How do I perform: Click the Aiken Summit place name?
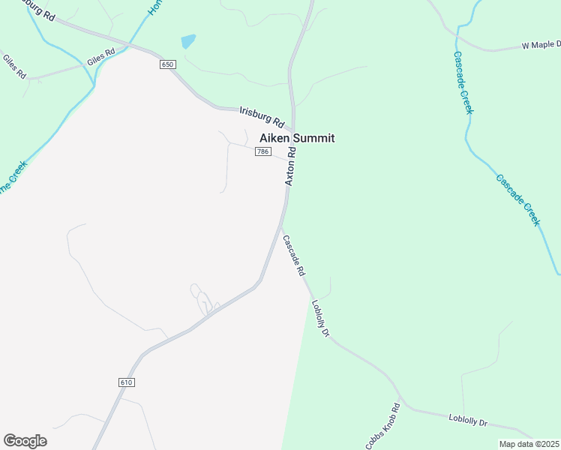coord(296,138)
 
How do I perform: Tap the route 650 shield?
coord(166,64)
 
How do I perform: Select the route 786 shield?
coord(262,151)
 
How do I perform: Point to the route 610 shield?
coord(126,382)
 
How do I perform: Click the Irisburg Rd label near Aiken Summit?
coord(262,116)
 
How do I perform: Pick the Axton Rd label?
coord(290,166)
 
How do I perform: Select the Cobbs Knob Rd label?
coord(383,427)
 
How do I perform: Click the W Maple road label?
coord(541,46)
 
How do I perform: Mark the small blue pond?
coord(188,40)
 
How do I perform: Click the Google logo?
coord(25,441)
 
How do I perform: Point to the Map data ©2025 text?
coord(529,444)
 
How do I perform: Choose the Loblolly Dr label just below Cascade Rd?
coord(320,318)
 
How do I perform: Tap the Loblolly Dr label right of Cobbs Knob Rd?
coord(468,421)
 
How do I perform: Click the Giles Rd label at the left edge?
coord(14,67)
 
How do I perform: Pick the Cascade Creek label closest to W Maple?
coord(463,82)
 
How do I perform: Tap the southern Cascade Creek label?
coord(517,199)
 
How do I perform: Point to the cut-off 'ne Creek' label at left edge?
coord(12,177)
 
